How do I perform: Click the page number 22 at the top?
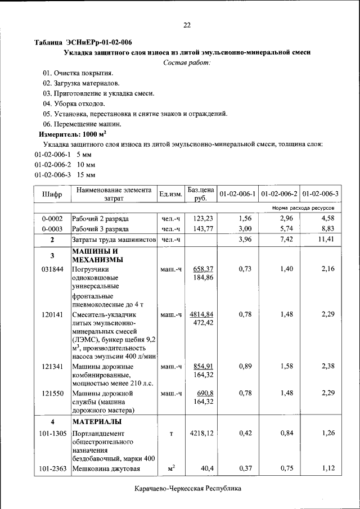(187, 25)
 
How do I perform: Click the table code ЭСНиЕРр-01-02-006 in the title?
(100, 42)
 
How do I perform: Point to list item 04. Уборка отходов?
(74, 103)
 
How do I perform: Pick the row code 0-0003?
(52, 229)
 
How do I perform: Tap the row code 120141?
(52, 314)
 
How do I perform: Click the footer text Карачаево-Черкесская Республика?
(187, 489)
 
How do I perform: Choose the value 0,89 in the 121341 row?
(244, 366)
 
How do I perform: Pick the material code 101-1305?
(52, 433)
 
